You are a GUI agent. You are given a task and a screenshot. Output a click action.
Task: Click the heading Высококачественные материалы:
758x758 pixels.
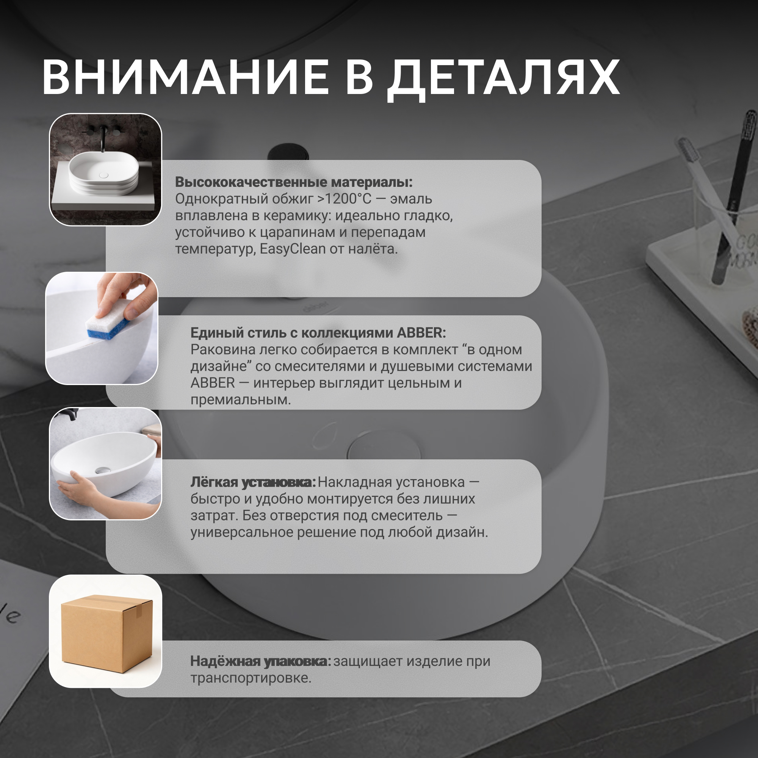coord(293,182)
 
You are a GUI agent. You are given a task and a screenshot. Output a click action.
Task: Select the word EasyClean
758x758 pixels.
coord(293,249)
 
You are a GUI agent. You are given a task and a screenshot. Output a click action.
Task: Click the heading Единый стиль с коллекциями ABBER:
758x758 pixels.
coord(318,333)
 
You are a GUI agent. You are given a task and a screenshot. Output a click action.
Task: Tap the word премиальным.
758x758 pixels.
coord(241,400)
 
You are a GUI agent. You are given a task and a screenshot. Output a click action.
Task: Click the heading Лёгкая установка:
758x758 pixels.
coord(253,482)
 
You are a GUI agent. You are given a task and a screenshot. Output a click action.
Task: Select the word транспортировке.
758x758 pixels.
coord(251,678)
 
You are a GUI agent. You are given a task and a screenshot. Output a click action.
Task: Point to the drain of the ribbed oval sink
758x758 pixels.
coord(103,175)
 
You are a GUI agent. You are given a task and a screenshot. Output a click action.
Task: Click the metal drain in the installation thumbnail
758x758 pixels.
coord(102,470)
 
